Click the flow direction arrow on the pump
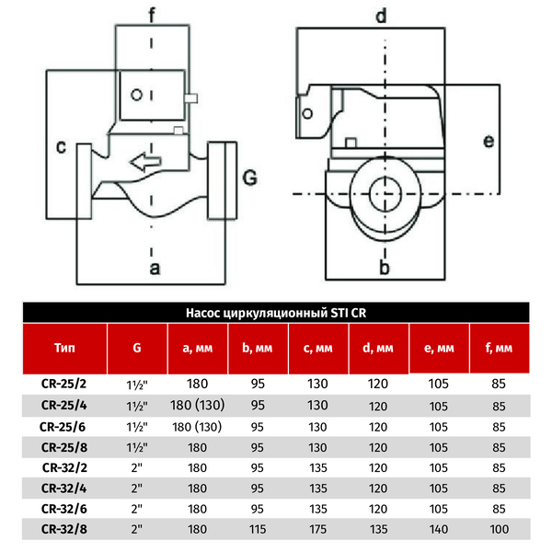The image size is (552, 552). (145, 163)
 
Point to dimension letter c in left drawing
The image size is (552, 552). (60, 147)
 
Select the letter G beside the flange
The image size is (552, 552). (247, 175)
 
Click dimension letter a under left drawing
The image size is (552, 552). (155, 268)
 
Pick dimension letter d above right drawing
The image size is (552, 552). (380, 15)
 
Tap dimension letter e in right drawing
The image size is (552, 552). (489, 141)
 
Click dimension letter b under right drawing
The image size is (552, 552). (385, 268)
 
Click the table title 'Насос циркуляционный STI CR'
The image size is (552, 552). (276, 313)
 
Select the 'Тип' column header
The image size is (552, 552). (65, 349)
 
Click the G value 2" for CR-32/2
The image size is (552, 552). (137, 466)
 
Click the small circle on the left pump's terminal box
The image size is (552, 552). (136, 95)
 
